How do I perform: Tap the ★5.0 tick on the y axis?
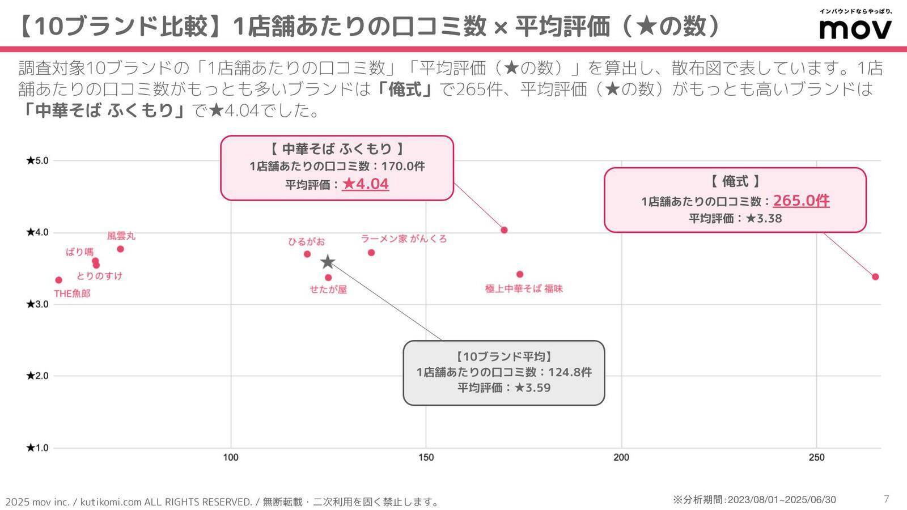coord(37,160)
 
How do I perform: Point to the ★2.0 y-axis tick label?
coord(37,376)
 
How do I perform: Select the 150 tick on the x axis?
coord(426,458)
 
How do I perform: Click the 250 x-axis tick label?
coord(816,458)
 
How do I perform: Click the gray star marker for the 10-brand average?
coord(328,262)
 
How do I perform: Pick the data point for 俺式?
coord(875,277)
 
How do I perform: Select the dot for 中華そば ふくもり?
coord(504,230)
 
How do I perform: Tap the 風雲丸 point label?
coord(121,236)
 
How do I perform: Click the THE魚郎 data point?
coord(58,280)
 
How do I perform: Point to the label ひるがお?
coord(306,242)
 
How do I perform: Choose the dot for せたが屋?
coord(328,278)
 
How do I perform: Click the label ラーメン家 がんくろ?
coord(404,239)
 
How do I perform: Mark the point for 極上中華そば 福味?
coord(520,274)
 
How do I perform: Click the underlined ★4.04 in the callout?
coord(365,184)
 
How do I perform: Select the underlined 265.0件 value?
coord(801,201)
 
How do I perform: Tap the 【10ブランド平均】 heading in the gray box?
coord(503,356)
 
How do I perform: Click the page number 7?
coord(887,499)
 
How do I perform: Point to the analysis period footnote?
coord(754,500)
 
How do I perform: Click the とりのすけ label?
coord(99,276)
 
